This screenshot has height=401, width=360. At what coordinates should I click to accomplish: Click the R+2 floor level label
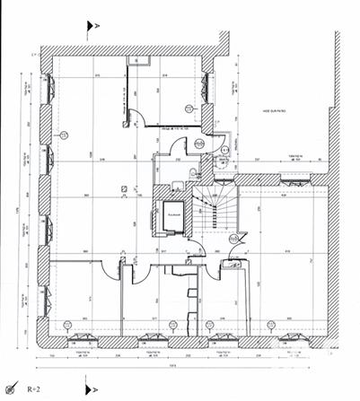click(x=34, y=389)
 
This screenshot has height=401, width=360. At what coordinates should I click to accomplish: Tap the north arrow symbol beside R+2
click(x=12, y=388)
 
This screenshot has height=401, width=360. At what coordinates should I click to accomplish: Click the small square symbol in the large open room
click(x=123, y=188)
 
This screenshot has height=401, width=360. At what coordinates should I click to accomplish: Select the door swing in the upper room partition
click(x=135, y=116)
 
